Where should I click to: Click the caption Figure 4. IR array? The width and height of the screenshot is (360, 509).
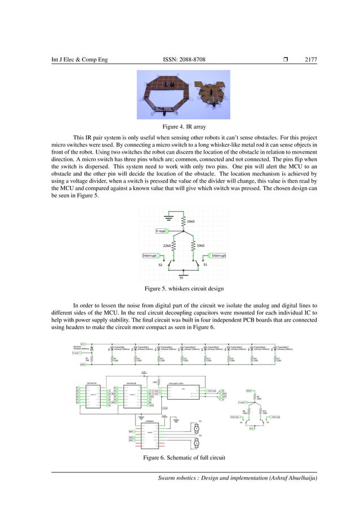[180, 128]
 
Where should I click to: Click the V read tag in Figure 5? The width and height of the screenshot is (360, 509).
[161, 231]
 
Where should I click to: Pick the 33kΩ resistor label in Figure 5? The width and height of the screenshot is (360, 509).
[200, 245]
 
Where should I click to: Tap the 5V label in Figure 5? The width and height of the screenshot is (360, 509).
[181, 278]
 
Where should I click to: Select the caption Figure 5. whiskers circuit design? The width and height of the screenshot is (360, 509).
[180, 289]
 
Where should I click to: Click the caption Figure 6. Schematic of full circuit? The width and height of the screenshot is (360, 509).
[180, 458]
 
